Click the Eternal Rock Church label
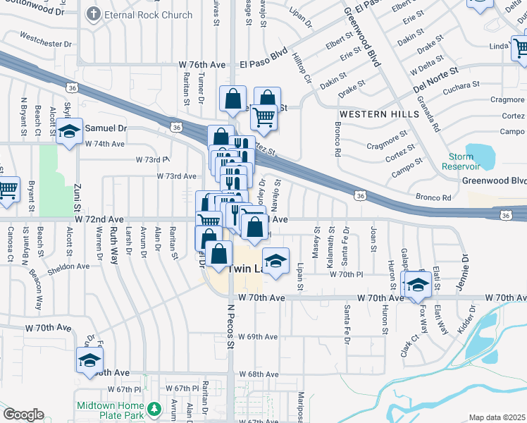click(149, 14)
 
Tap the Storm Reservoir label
click(461, 161)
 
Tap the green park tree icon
click(154, 409)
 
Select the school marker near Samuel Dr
click(69, 132)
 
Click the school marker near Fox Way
click(418, 283)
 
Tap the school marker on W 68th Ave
click(89, 360)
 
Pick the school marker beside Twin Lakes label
click(275, 260)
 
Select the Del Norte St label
click(435, 75)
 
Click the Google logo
click(23, 415)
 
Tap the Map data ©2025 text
click(497, 417)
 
